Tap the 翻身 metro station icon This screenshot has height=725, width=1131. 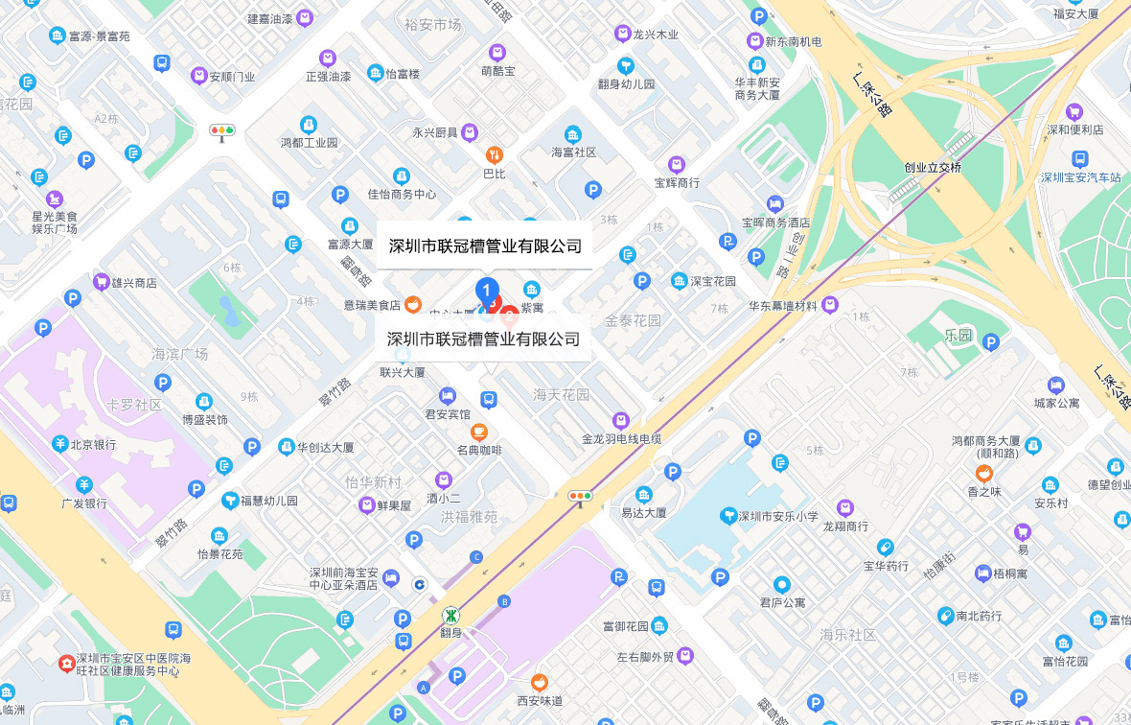point(450,615)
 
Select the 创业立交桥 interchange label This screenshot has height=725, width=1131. point(932,167)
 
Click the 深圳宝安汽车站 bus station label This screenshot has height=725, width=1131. point(1081,177)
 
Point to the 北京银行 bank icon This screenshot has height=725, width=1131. point(59,445)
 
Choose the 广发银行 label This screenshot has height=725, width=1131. point(84,503)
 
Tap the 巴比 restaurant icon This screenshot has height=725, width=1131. point(494,155)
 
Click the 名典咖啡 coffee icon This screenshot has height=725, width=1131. point(479,432)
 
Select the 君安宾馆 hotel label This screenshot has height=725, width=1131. point(448,414)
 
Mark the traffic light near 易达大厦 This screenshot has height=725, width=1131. point(580,496)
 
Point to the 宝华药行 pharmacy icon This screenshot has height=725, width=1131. point(885,548)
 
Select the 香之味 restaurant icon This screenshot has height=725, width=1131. point(983,473)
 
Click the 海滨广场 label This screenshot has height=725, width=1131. point(180,354)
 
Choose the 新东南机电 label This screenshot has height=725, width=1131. point(793,41)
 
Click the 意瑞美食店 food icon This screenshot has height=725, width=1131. point(412,304)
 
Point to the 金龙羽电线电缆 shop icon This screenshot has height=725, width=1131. point(621,420)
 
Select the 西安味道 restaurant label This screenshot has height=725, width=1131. point(540,700)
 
